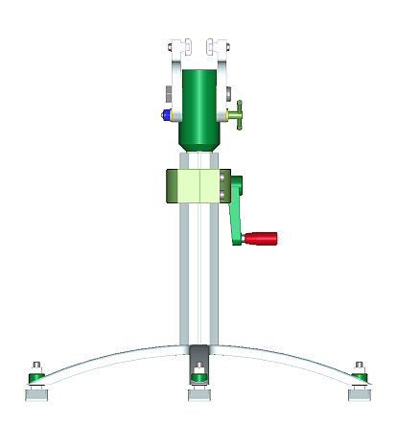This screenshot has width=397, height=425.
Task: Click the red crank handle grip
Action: tap(261, 238)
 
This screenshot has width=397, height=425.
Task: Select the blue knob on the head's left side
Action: tap(167, 114)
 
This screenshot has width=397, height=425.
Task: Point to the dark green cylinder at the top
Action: tap(199, 101)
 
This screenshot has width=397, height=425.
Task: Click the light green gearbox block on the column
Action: tap(196, 186)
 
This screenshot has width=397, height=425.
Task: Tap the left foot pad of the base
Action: tap(36, 393)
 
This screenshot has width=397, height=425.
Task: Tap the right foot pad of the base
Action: tap(361, 393)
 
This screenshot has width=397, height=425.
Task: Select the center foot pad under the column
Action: tap(198, 392)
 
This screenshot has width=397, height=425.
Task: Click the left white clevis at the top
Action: tap(176, 49)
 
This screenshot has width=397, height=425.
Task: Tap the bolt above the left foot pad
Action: tap(36, 366)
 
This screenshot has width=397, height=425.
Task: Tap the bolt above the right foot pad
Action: tap(360, 366)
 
